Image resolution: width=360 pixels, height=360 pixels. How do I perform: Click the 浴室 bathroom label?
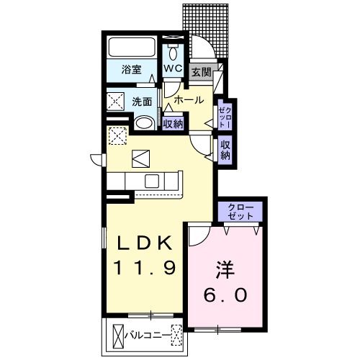click(130, 71)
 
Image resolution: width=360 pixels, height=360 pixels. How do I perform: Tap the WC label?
click(173, 69)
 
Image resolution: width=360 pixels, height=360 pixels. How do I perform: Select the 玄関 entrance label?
click(202, 72)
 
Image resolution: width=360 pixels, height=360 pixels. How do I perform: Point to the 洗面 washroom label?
click(141, 102)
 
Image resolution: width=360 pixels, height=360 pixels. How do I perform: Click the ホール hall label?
click(188, 100)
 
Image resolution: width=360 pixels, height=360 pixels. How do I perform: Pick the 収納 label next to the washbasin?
click(173, 123)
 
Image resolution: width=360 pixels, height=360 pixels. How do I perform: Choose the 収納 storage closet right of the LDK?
click(225, 149)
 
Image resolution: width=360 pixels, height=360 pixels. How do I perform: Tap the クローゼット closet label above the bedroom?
click(241, 212)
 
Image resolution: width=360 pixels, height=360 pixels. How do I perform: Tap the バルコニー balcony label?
click(146, 334)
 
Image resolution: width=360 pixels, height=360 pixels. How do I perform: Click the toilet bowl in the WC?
click(174, 53)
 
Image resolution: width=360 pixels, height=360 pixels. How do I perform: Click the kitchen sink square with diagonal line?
click(140, 158)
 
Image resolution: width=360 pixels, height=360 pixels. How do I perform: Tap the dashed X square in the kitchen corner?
click(117, 135)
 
